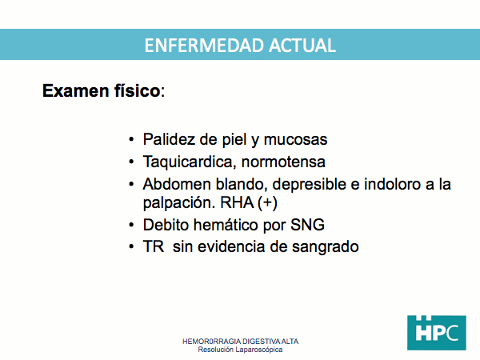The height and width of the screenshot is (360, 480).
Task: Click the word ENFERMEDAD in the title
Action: pyautogui.click(x=204, y=46)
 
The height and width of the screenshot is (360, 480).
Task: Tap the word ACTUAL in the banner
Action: pyautogui.click(x=302, y=46)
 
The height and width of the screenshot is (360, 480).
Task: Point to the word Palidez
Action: pyautogui.click(x=170, y=139)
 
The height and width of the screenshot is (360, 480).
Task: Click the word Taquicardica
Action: pyautogui.click(x=190, y=162)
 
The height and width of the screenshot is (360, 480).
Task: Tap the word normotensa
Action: pyautogui.click(x=283, y=162)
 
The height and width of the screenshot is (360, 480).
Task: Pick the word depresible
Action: pyautogui.click(x=309, y=185)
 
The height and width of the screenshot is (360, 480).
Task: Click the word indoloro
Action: pyautogui.click(x=392, y=184)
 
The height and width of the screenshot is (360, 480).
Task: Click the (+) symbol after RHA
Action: pyautogui.click(x=267, y=203)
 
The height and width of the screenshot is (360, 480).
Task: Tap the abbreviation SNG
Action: pyautogui.click(x=307, y=225)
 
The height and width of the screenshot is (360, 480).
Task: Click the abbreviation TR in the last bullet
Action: pyautogui.click(x=154, y=246)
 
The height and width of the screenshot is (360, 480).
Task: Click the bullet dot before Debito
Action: pyautogui.click(x=131, y=225)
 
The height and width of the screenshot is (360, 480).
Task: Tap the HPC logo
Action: pyautogui.click(x=437, y=333)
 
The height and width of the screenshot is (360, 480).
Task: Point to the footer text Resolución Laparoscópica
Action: pyautogui.click(x=240, y=350)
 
